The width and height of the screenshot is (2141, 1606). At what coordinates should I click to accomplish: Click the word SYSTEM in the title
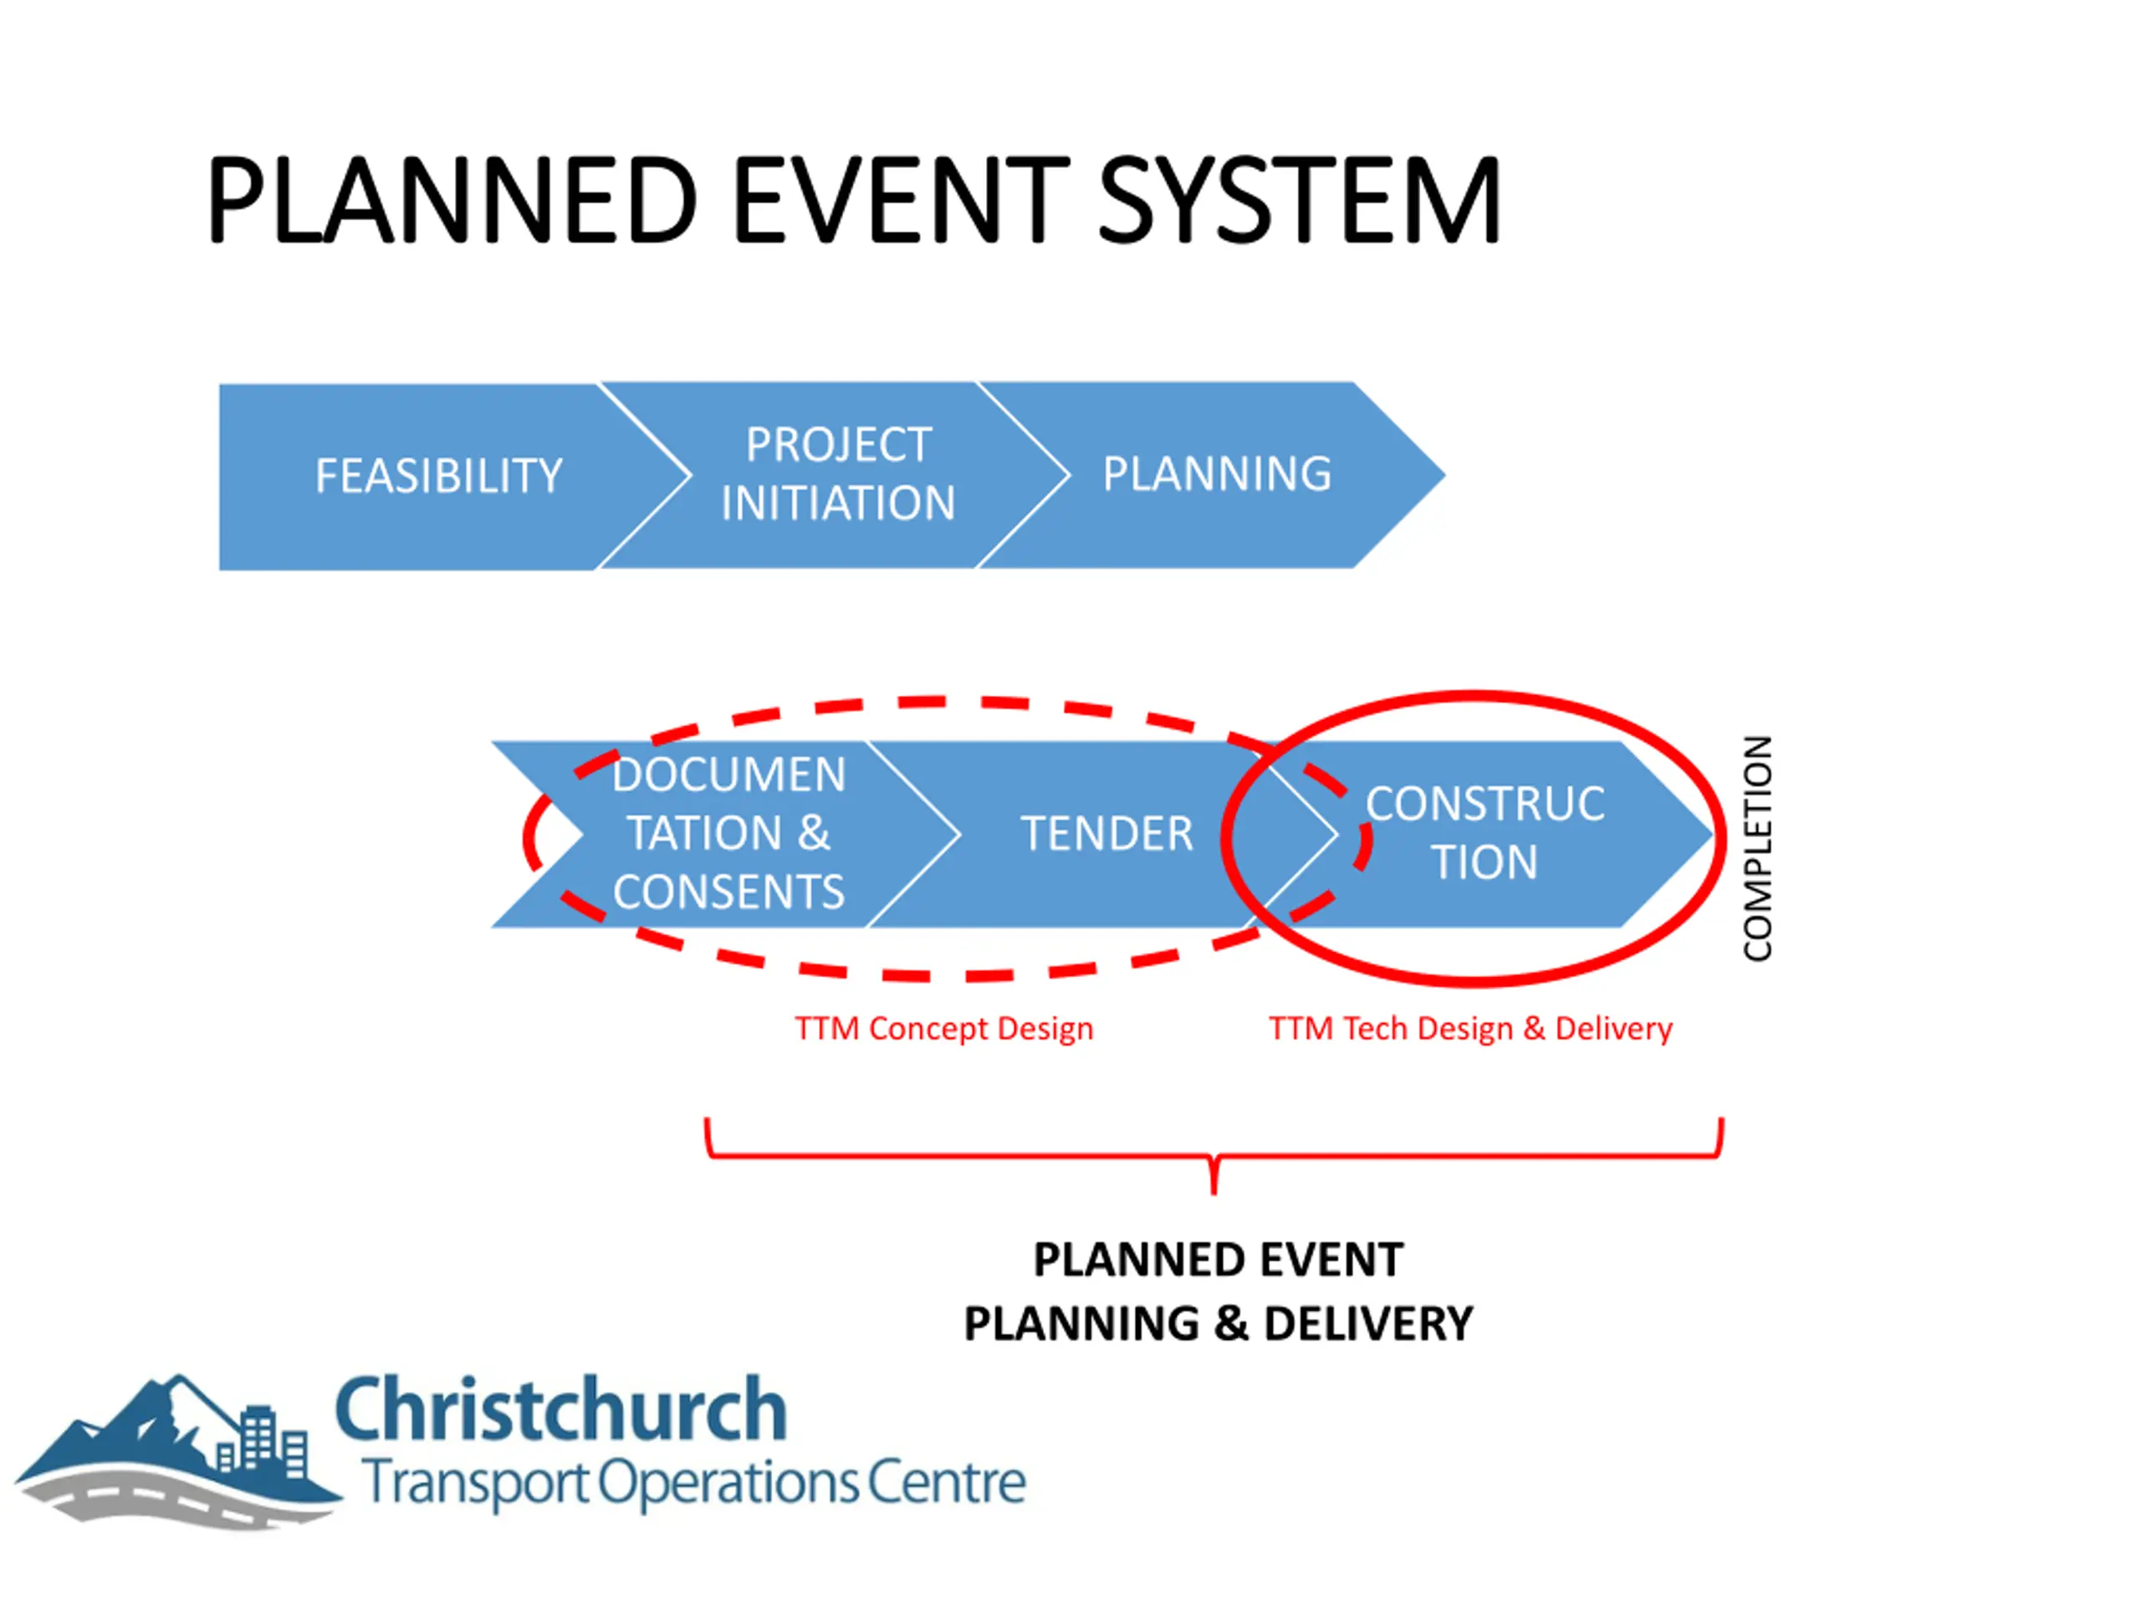1299,201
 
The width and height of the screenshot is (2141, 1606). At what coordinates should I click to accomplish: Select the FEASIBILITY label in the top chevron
438,476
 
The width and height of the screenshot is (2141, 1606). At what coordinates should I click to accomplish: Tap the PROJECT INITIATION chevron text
838,474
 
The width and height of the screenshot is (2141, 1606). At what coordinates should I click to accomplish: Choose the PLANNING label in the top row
1217,474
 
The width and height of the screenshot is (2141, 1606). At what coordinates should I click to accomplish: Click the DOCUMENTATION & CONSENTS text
728,833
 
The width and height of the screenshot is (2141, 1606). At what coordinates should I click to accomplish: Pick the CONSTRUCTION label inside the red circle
1484,832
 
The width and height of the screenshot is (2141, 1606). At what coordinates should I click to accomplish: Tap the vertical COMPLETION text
1758,848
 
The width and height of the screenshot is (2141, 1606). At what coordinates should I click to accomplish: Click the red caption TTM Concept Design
943,1029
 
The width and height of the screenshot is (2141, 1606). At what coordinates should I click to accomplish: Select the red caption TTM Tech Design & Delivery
1470,1029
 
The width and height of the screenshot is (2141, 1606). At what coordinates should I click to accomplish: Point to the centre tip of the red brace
1214,1193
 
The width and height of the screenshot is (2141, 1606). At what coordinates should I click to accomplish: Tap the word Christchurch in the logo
560,1410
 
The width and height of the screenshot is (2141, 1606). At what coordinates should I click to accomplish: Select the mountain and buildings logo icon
179,1452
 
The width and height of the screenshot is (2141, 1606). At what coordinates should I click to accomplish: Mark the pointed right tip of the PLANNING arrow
1444,475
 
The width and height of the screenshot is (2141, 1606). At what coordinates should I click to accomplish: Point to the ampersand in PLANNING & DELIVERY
1231,1324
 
